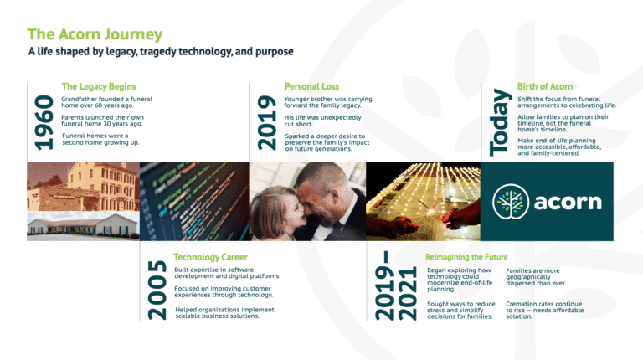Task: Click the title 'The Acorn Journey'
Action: click(x=95, y=34)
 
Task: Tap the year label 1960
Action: click(x=44, y=122)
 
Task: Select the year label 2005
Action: click(x=157, y=290)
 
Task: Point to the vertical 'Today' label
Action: click(x=501, y=122)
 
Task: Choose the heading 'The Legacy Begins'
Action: click(x=99, y=86)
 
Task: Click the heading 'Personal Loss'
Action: click(x=311, y=86)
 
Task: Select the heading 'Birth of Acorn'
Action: click(x=545, y=86)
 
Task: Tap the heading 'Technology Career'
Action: click(x=210, y=257)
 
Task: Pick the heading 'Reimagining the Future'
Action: click(x=466, y=257)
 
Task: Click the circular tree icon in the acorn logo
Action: click(x=511, y=201)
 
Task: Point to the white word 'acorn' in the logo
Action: click(x=568, y=202)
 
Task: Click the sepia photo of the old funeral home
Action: click(x=83, y=187)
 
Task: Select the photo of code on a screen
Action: click(x=195, y=201)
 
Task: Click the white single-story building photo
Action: click(x=83, y=226)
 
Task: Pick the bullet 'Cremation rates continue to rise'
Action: click(x=544, y=310)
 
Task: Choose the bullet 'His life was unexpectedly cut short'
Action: click(x=322, y=121)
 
